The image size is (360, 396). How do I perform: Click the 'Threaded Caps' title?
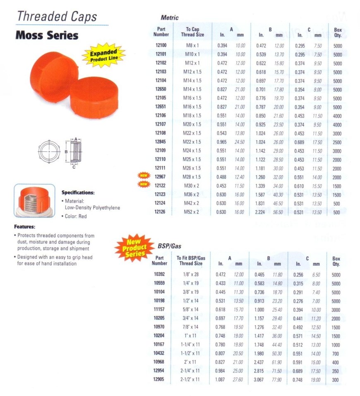[x=57, y=17]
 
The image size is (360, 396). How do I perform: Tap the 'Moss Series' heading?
[x=47, y=35]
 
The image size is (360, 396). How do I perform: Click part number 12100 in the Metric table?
[x=161, y=45]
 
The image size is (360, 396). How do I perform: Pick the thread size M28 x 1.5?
[x=192, y=177]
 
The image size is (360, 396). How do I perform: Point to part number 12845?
[x=161, y=142]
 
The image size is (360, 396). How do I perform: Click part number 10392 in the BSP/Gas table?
[x=159, y=274]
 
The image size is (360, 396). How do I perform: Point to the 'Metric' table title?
[x=170, y=18]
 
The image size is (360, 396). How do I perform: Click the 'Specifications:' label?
[x=78, y=193]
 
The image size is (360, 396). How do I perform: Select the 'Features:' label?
[x=24, y=227]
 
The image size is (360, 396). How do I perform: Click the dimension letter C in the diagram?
[x=74, y=167]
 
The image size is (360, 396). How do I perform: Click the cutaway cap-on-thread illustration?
[x=35, y=201]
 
